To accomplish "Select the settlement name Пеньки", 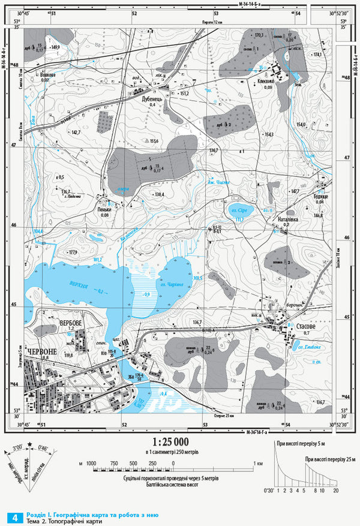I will (x=105, y=209).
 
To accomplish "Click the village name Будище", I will (x=320, y=196).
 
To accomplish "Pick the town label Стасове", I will (x=307, y=326).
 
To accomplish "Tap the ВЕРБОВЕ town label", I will (x=70, y=323).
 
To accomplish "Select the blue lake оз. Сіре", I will (x=241, y=211).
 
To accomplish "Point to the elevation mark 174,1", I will (x=317, y=55).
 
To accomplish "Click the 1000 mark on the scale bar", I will (x=91, y=464).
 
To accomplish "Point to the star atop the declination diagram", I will (x=29, y=441).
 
